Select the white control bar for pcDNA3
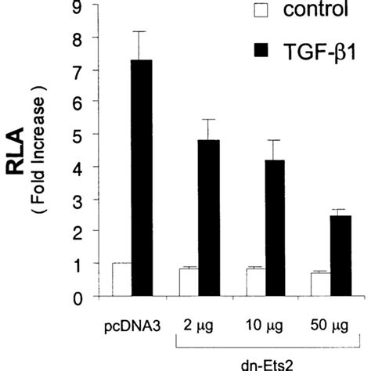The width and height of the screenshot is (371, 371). tap(121, 280)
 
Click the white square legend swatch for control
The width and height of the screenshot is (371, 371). tap(242, 12)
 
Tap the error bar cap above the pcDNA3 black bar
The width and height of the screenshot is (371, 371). tap(142, 31)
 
